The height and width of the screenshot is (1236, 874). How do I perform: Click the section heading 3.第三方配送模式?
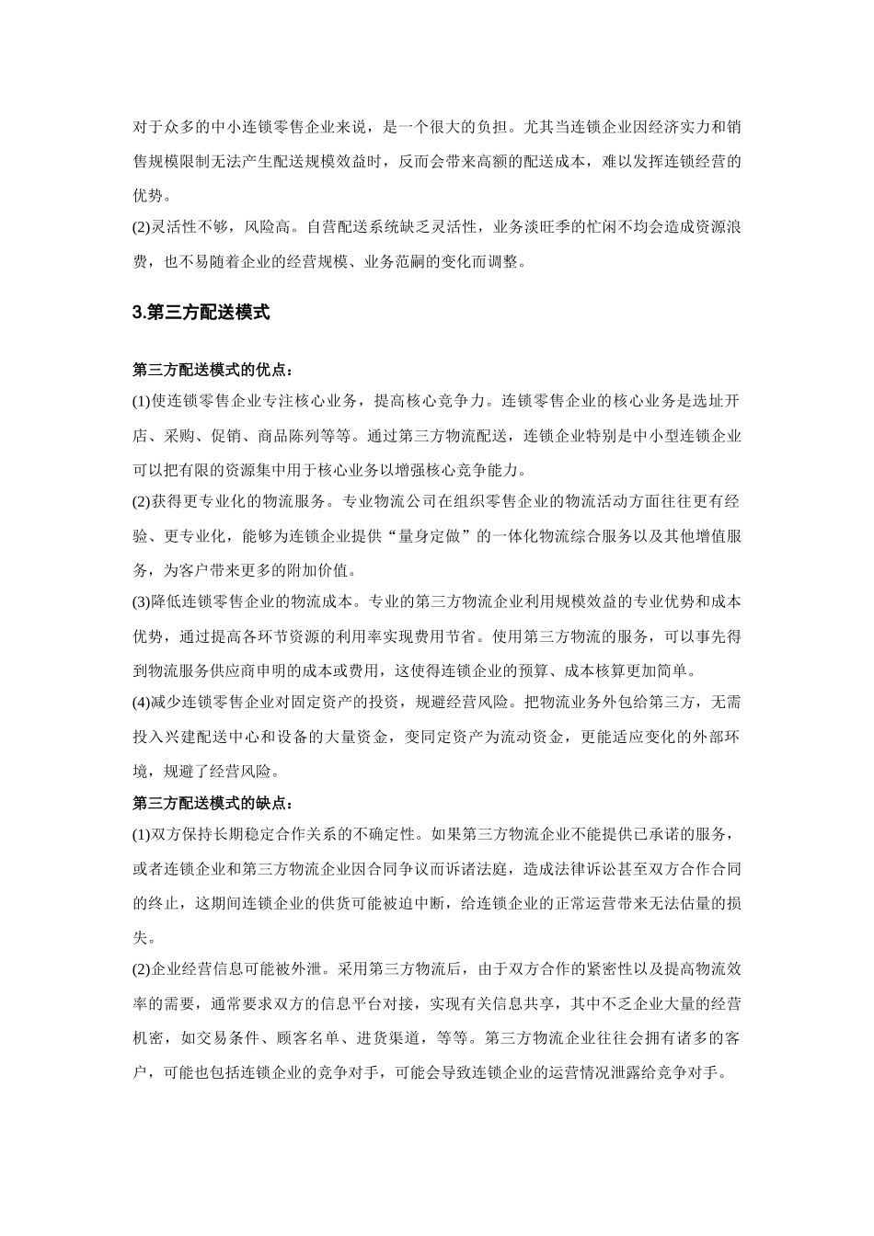(x=201, y=313)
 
